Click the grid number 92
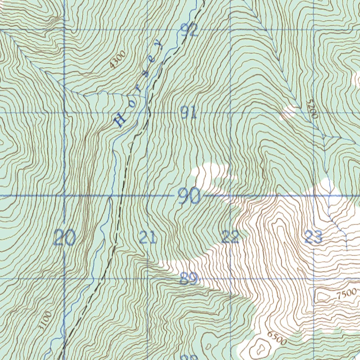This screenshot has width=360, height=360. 189,31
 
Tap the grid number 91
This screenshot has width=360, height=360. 188,113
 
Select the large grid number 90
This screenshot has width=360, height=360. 189,196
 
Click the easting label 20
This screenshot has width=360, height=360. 65,238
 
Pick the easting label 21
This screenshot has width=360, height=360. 148,238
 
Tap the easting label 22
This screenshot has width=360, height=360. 230,238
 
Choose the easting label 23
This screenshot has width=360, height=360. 314,238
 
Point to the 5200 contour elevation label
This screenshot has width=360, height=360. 312,109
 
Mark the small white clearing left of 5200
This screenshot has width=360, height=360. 288,112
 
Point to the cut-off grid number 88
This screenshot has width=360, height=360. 189,358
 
